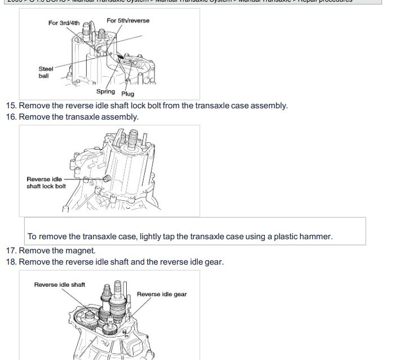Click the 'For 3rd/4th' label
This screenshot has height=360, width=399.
64,23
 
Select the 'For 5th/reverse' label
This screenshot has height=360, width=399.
128,21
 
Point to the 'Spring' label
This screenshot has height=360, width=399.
105,91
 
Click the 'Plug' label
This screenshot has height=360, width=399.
128,94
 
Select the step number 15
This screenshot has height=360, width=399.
11,106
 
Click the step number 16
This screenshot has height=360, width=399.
11,117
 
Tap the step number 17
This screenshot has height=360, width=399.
11,251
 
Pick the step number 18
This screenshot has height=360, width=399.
11,262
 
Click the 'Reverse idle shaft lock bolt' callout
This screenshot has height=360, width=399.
46,183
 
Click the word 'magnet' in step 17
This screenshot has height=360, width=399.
81,251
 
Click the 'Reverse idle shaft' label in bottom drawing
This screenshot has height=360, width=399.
60,284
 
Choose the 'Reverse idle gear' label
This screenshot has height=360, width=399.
162,294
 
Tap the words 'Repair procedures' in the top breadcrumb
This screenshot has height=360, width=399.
324,1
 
